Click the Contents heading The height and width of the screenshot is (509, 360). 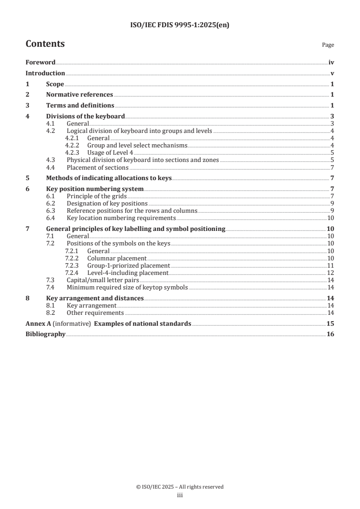pos(45,44)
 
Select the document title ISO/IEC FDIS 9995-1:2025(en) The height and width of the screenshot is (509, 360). pos(180,25)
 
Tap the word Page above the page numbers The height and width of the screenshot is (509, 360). pos(328,45)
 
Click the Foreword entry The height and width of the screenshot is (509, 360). pos(40,63)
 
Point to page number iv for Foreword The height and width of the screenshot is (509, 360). pos(331,63)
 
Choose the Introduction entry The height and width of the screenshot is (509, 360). pos(45,73)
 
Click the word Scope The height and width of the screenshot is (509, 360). pos(55,84)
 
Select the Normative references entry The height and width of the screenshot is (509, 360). pos(79,94)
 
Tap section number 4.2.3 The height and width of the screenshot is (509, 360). pos(72,152)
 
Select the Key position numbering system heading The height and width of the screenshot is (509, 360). pos(95,189)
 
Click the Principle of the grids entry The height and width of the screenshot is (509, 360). pos(96,196)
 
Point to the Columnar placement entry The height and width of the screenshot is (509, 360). pos(117,258)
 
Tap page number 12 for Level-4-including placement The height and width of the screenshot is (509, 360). pos(330,273)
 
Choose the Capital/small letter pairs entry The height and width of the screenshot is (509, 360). pos(101,280)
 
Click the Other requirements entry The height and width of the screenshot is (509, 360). pos(95,313)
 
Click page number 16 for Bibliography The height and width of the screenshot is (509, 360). pos(330,334)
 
